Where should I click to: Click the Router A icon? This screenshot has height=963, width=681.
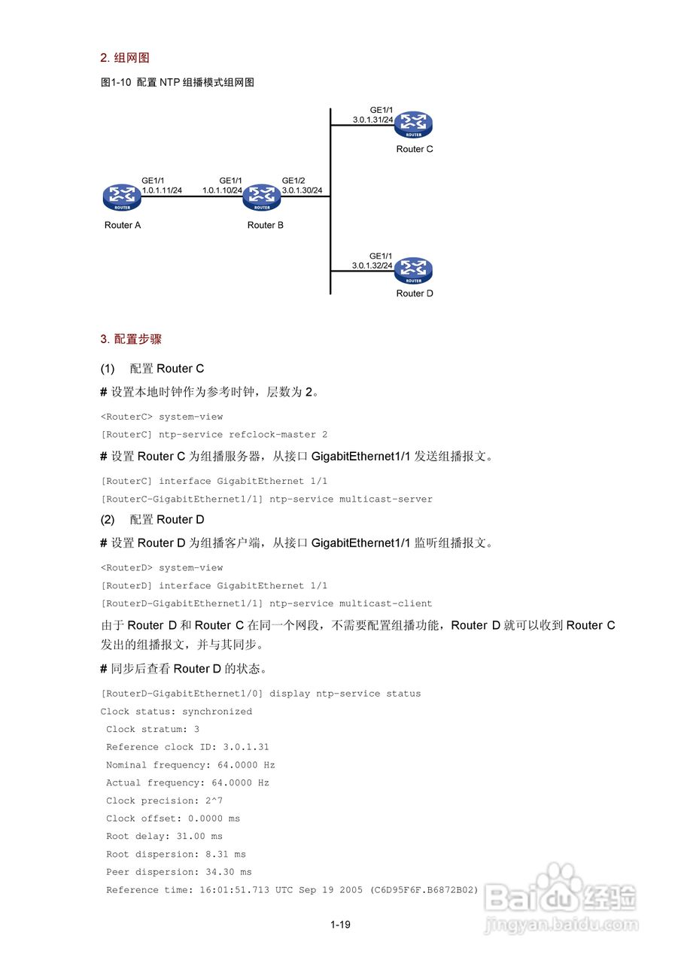coord(122,197)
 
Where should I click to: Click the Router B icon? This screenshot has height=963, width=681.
coord(262,197)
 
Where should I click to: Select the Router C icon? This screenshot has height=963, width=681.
coord(414,125)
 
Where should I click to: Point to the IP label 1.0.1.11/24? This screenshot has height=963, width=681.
coord(162,190)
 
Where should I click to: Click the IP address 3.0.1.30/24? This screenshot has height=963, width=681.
coord(302,190)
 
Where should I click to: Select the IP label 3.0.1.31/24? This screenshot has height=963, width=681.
coord(372,120)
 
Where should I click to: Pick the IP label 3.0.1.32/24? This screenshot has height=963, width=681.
coord(372,266)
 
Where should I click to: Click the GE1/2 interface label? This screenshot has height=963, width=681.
coord(293,181)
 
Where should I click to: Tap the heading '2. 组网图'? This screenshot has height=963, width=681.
coord(125,58)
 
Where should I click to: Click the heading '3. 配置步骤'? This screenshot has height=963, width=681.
coord(131,339)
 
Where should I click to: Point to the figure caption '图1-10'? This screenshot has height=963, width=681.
coord(116,83)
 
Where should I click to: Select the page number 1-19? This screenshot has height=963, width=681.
coord(340,925)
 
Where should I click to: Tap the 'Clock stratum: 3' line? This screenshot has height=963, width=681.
coord(153,729)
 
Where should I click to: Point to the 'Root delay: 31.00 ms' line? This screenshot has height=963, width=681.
coord(164,836)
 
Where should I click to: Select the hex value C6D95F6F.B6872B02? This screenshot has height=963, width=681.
coord(427,890)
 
